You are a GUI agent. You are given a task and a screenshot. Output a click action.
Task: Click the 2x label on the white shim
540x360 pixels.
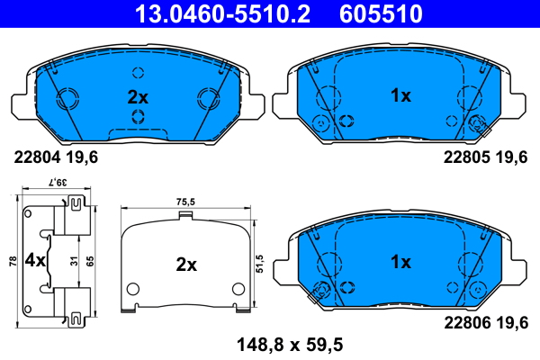(185, 265)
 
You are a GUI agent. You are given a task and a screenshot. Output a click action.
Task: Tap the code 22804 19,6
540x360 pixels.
(56, 156)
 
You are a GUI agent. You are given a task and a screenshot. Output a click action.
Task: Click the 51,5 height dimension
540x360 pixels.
(259, 264)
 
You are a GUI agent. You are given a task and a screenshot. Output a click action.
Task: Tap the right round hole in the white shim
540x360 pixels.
(238, 289)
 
